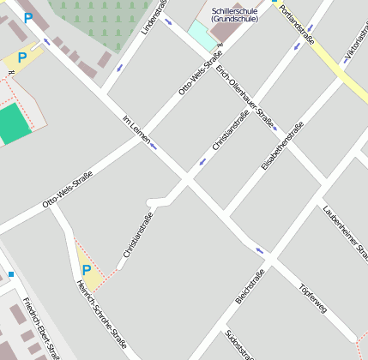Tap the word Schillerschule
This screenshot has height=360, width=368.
point(234,10)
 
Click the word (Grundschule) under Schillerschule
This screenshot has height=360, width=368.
point(234,20)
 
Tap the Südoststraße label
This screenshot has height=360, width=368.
point(237,344)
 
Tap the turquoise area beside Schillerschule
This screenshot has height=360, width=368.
point(202,35)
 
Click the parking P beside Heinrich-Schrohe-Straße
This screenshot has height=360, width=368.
point(86,270)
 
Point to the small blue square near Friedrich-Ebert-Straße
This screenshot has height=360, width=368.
point(11,274)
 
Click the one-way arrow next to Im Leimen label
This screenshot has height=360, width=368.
point(154,146)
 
